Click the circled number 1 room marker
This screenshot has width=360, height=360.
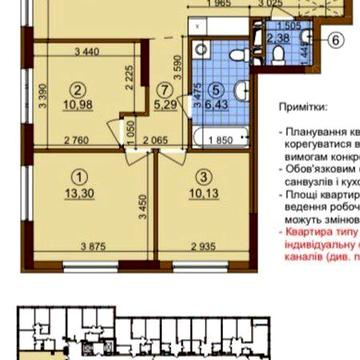(79, 177)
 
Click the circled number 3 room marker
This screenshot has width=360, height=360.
(203, 177)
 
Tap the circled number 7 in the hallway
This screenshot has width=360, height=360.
(166, 88)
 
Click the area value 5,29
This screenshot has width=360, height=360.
(166, 101)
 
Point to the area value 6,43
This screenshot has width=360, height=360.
(216, 101)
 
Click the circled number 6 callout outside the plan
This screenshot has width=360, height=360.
(336, 40)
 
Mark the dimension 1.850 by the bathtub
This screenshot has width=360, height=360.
(224, 141)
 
